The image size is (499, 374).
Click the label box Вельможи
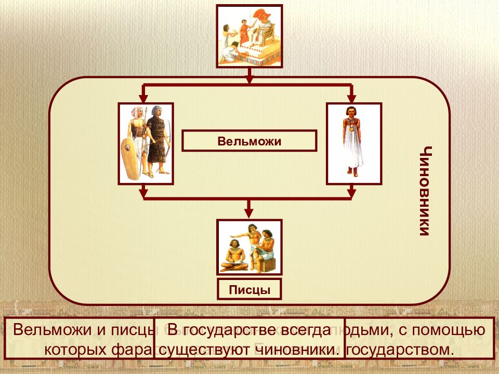249,141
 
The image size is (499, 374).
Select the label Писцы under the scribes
249,289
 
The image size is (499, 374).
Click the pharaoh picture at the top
249,36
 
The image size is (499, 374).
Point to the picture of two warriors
146,143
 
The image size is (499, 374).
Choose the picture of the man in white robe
353,143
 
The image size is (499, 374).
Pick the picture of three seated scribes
249,247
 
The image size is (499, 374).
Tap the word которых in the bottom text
75,349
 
